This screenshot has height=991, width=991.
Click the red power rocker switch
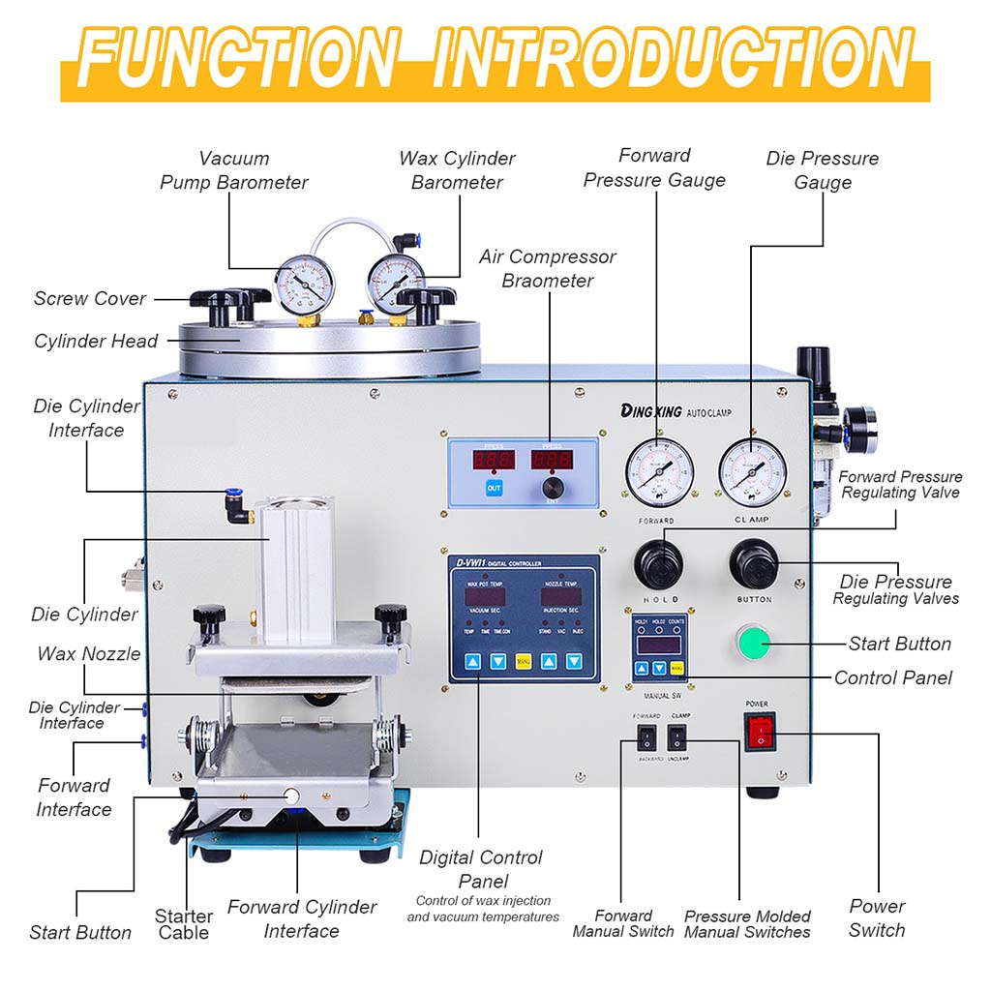(x=761, y=733)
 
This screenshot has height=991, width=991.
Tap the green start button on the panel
(x=754, y=644)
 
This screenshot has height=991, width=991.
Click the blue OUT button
(x=494, y=488)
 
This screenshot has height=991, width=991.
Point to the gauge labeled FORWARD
(x=659, y=471)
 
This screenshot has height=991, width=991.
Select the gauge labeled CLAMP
(x=753, y=471)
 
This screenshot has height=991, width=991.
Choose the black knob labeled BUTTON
(x=753, y=562)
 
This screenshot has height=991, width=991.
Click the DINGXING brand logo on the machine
(x=654, y=410)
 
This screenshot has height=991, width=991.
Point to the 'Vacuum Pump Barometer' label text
(x=234, y=170)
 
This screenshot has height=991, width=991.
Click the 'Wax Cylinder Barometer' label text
(x=457, y=170)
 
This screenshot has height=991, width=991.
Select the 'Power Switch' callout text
(x=877, y=917)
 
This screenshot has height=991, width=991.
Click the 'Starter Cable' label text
(x=183, y=924)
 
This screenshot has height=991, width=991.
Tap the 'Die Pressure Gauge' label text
(x=823, y=170)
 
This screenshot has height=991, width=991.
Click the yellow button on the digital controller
(x=523, y=662)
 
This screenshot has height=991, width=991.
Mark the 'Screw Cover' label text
(x=90, y=298)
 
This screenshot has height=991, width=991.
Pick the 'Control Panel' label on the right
(x=893, y=677)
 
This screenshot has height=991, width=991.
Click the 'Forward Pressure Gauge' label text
(x=655, y=167)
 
